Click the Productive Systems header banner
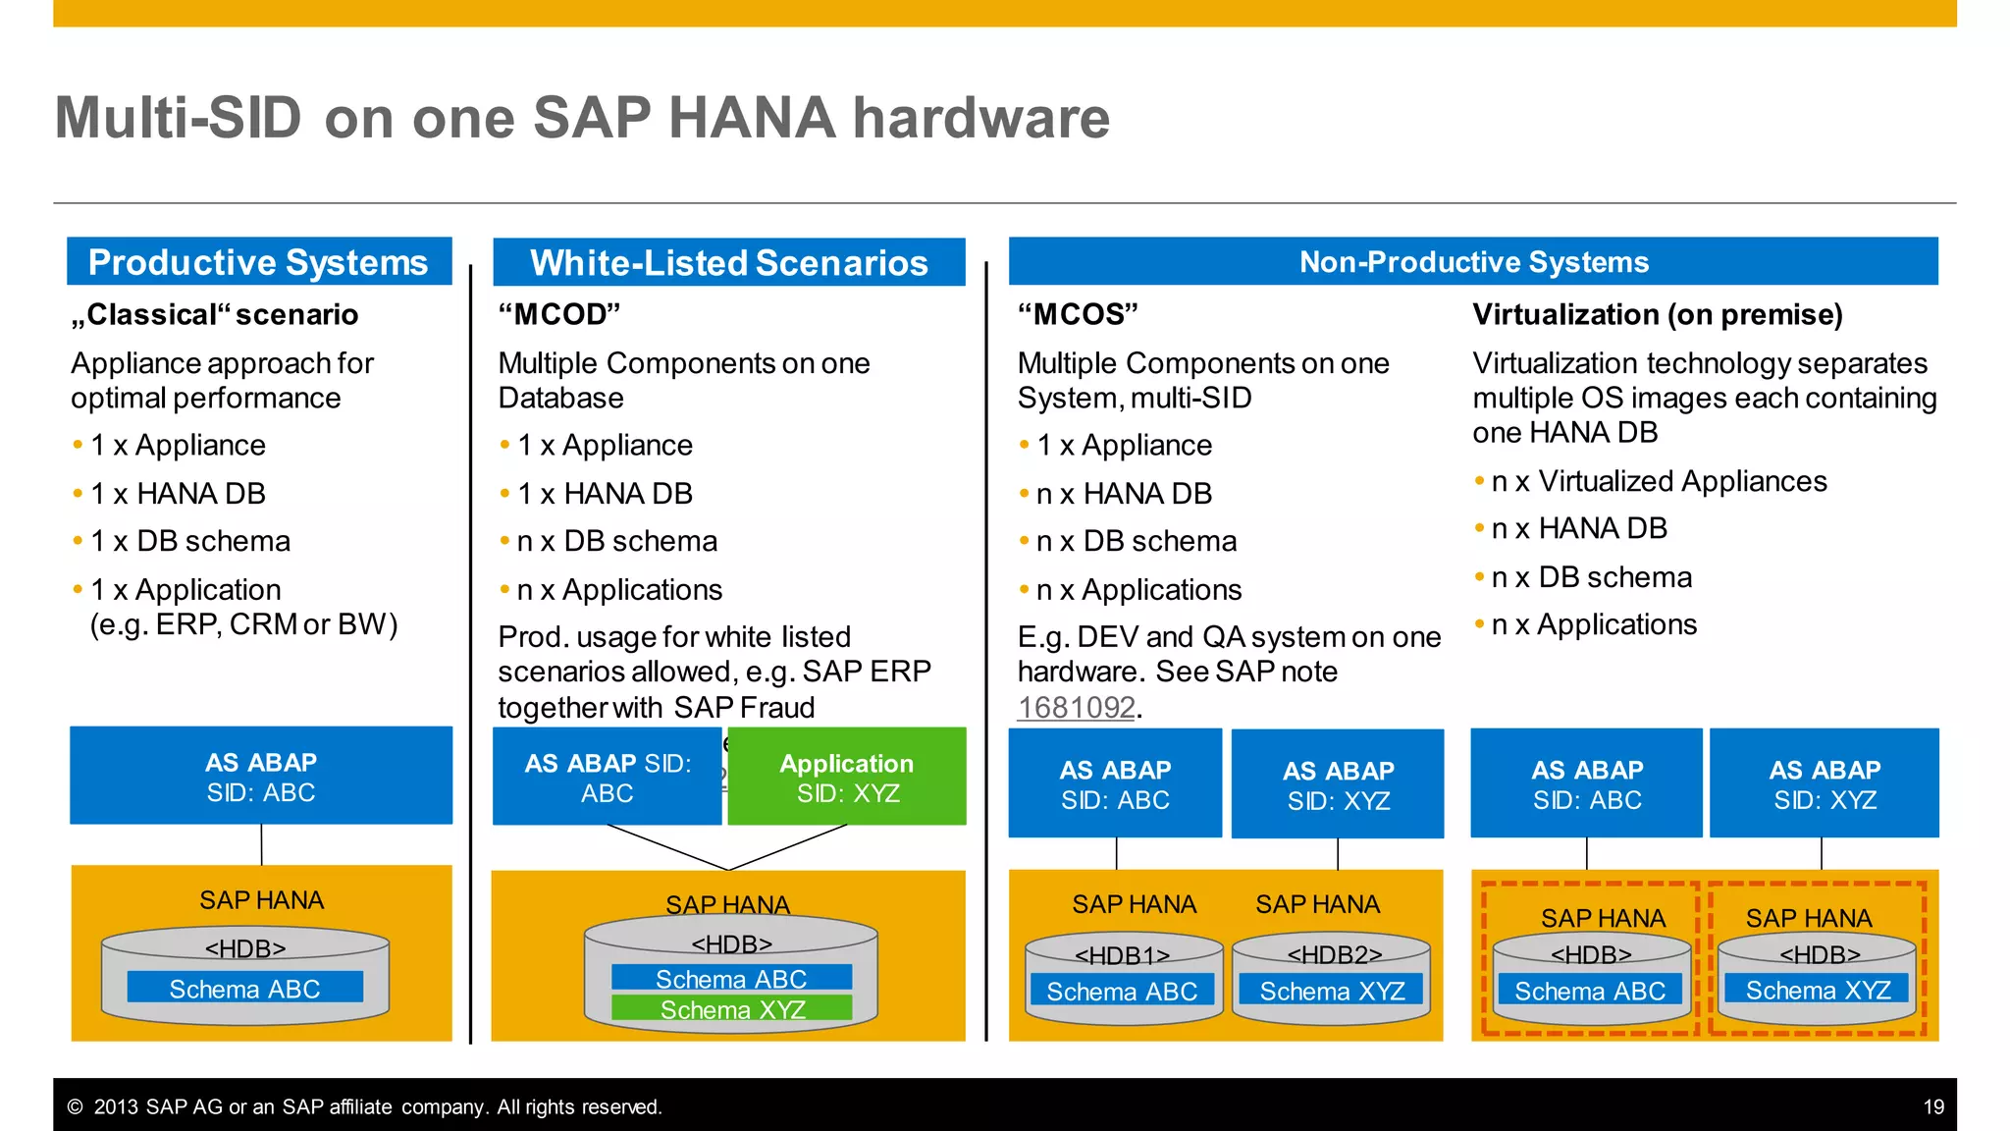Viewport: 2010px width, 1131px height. tap(259, 262)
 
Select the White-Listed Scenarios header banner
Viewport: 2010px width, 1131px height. tap(728, 263)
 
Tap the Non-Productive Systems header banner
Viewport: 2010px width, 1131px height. tap(1473, 262)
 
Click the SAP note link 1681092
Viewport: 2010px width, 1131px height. tap(1076, 707)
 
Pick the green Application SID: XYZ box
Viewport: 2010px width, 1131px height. tap(847, 778)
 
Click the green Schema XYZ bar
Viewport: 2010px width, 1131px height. tap(732, 1009)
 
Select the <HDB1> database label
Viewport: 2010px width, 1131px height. tap(1122, 955)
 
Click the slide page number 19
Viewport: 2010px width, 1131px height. tap(1932, 1107)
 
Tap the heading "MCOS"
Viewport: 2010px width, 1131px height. tap(1078, 314)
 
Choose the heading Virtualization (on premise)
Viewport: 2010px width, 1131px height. tap(1657, 314)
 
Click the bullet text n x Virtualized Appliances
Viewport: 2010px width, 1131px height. tap(1659, 481)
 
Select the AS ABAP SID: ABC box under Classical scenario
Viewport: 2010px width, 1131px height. tap(261, 777)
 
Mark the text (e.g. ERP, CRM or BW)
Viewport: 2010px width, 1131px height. tap(243, 624)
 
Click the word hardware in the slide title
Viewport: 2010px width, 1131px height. tap(980, 118)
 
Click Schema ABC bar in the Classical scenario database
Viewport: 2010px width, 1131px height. tap(244, 989)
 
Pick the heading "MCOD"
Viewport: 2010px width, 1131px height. tap(559, 314)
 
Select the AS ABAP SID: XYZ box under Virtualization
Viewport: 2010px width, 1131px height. tap(1825, 783)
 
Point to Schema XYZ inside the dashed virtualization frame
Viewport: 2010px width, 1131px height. tap(1818, 990)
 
